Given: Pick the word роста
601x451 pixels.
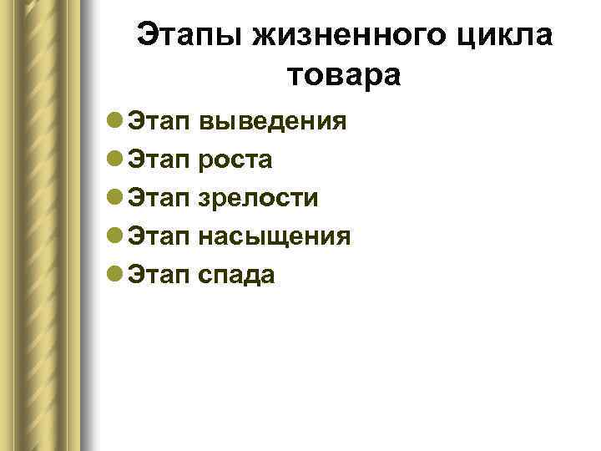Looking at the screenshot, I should point(236,160).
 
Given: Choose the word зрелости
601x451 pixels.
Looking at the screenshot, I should point(259,199).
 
